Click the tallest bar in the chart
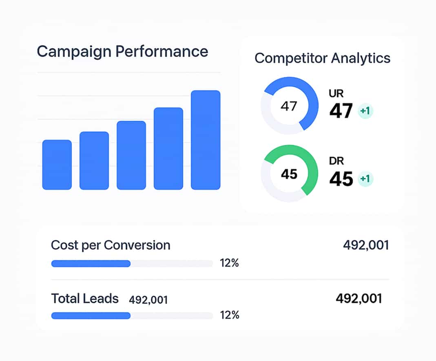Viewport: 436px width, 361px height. (x=206, y=140)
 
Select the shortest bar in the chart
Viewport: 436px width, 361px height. (x=57, y=165)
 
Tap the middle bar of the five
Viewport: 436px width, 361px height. (x=131, y=155)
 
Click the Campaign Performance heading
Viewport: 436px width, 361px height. (x=122, y=52)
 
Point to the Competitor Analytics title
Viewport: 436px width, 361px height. (x=322, y=58)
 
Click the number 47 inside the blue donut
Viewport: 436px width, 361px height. (x=289, y=106)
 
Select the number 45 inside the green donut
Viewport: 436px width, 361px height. (x=289, y=174)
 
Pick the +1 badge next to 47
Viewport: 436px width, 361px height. (x=365, y=111)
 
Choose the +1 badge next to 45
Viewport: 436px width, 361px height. (x=365, y=179)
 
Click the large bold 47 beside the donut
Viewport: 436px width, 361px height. (x=341, y=111)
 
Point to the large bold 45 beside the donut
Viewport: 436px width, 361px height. (x=341, y=179)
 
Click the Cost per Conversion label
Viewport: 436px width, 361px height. (x=111, y=245)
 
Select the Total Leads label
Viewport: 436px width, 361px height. (x=85, y=299)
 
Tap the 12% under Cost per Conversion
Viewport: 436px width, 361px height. (x=229, y=263)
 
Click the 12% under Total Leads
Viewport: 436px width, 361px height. (x=229, y=315)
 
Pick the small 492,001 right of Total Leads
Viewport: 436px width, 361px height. (x=148, y=300)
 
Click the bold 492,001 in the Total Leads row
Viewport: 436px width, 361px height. (x=359, y=299)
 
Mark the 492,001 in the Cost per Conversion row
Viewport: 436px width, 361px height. (x=366, y=245)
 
